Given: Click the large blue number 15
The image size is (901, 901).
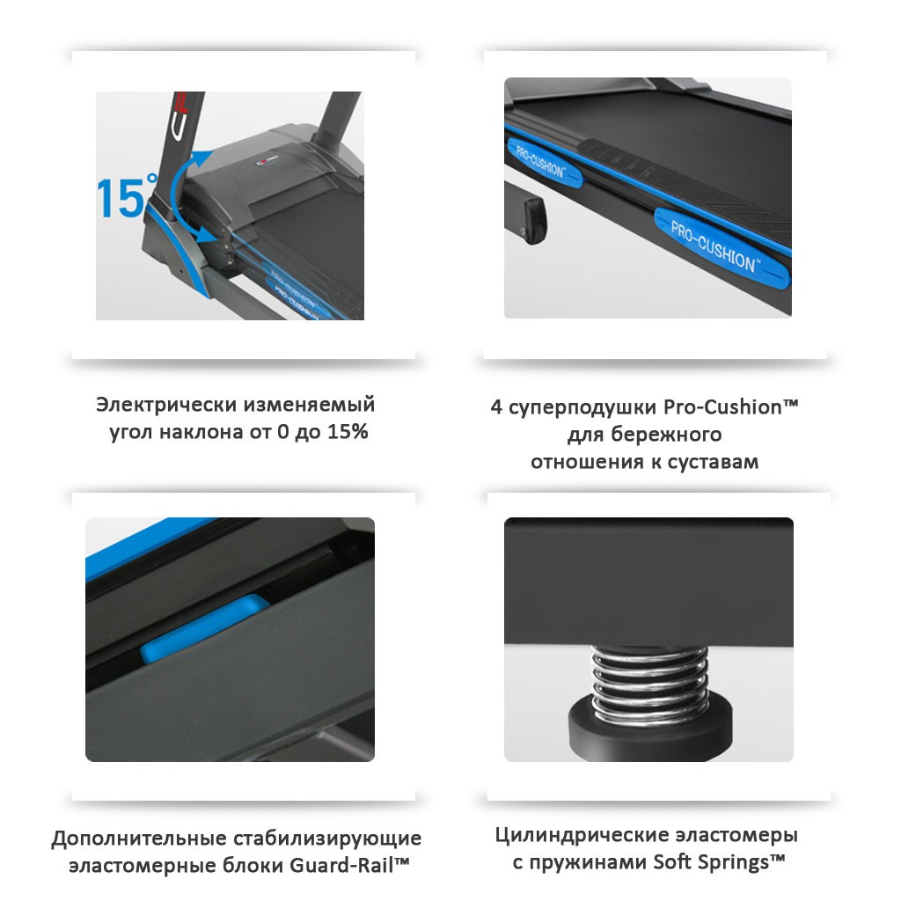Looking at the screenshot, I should (x=122, y=196).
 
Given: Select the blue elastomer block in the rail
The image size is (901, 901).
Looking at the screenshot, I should (x=205, y=628).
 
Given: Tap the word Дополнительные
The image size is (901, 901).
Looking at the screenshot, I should (x=138, y=838).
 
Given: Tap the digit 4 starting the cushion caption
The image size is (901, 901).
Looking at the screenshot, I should (x=495, y=407).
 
